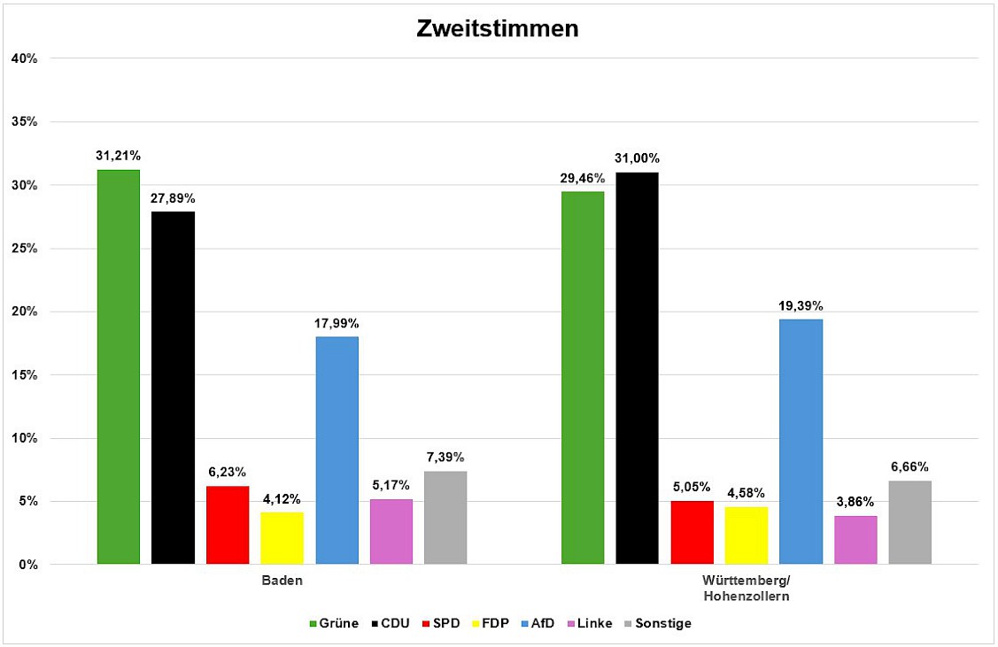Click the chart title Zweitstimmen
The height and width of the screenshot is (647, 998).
click(x=498, y=29)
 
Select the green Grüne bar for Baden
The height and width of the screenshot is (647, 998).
click(x=119, y=366)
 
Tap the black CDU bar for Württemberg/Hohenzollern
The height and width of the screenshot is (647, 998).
click(x=638, y=368)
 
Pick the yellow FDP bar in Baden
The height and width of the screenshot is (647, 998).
click(x=282, y=538)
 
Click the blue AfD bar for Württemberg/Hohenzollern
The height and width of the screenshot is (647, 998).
click(x=801, y=442)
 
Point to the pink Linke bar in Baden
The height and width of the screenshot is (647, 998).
click(x=391, y=532)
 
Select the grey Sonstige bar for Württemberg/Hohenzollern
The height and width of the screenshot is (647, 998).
click(x=909, y=522)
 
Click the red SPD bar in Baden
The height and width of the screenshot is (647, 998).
click(x=228, y=525)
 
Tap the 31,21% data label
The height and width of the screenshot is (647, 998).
click(x=119, y=155)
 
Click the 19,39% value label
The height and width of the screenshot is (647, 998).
click(x=801, y=305)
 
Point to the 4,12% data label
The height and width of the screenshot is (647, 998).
click(x=282, y=498)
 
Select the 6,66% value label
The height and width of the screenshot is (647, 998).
click(x=909, y=466)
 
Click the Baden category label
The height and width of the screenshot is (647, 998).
click(x=282, y=581)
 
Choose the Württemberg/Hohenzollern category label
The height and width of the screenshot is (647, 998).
click(x=747, y=589)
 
